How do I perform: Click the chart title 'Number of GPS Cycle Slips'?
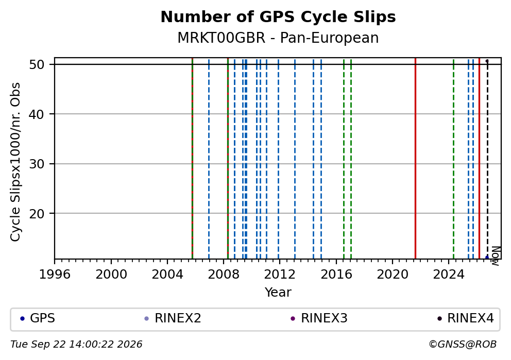tap(278, 17)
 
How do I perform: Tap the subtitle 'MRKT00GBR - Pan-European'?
tap(278, 38)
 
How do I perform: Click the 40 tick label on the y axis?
tap(37, 114)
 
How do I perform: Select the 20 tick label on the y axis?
tap(37, 213)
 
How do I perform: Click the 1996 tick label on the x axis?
tap(55, 275)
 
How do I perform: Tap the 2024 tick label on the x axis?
tap(449, 275)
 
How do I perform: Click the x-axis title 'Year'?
tap(278, 292)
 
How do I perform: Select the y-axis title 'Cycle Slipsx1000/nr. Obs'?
tap(15, 162)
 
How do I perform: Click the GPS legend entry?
tap(38, 318)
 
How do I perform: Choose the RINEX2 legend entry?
tap(173, 318)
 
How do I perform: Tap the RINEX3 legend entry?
tap(319, 318)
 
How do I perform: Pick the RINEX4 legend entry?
tap(466, 318)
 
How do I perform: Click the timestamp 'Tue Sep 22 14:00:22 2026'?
tap(77, 345)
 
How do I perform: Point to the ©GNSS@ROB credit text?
tap(463, 345)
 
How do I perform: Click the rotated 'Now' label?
tap(496, 256)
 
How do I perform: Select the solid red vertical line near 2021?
tap(416, 158)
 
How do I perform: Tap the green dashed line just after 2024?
tap(453, 158)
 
